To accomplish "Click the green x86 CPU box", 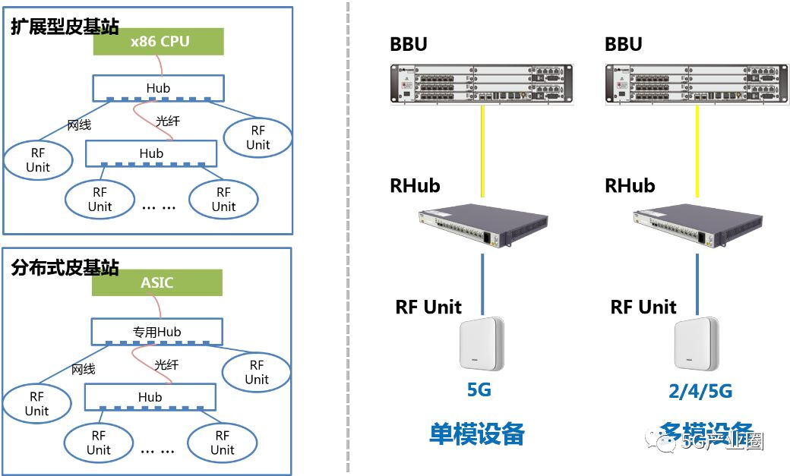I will click(x=159, y=42).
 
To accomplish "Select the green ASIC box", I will click(x=157, y=283).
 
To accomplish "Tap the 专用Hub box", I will click(x=157, y=332).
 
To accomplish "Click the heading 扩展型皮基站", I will click(x=65, y=27).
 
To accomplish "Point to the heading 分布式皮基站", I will click(x=65, y=267).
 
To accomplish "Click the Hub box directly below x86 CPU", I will click(x=158, y=88).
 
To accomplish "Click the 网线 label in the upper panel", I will click(x=80, y=125).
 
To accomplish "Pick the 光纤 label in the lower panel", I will click(x=166, y=365).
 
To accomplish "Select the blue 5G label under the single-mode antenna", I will click(x=479, y=390).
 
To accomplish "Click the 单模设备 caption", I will click(x=477, y=434).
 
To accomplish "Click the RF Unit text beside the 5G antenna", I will click(x=428, y=307).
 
